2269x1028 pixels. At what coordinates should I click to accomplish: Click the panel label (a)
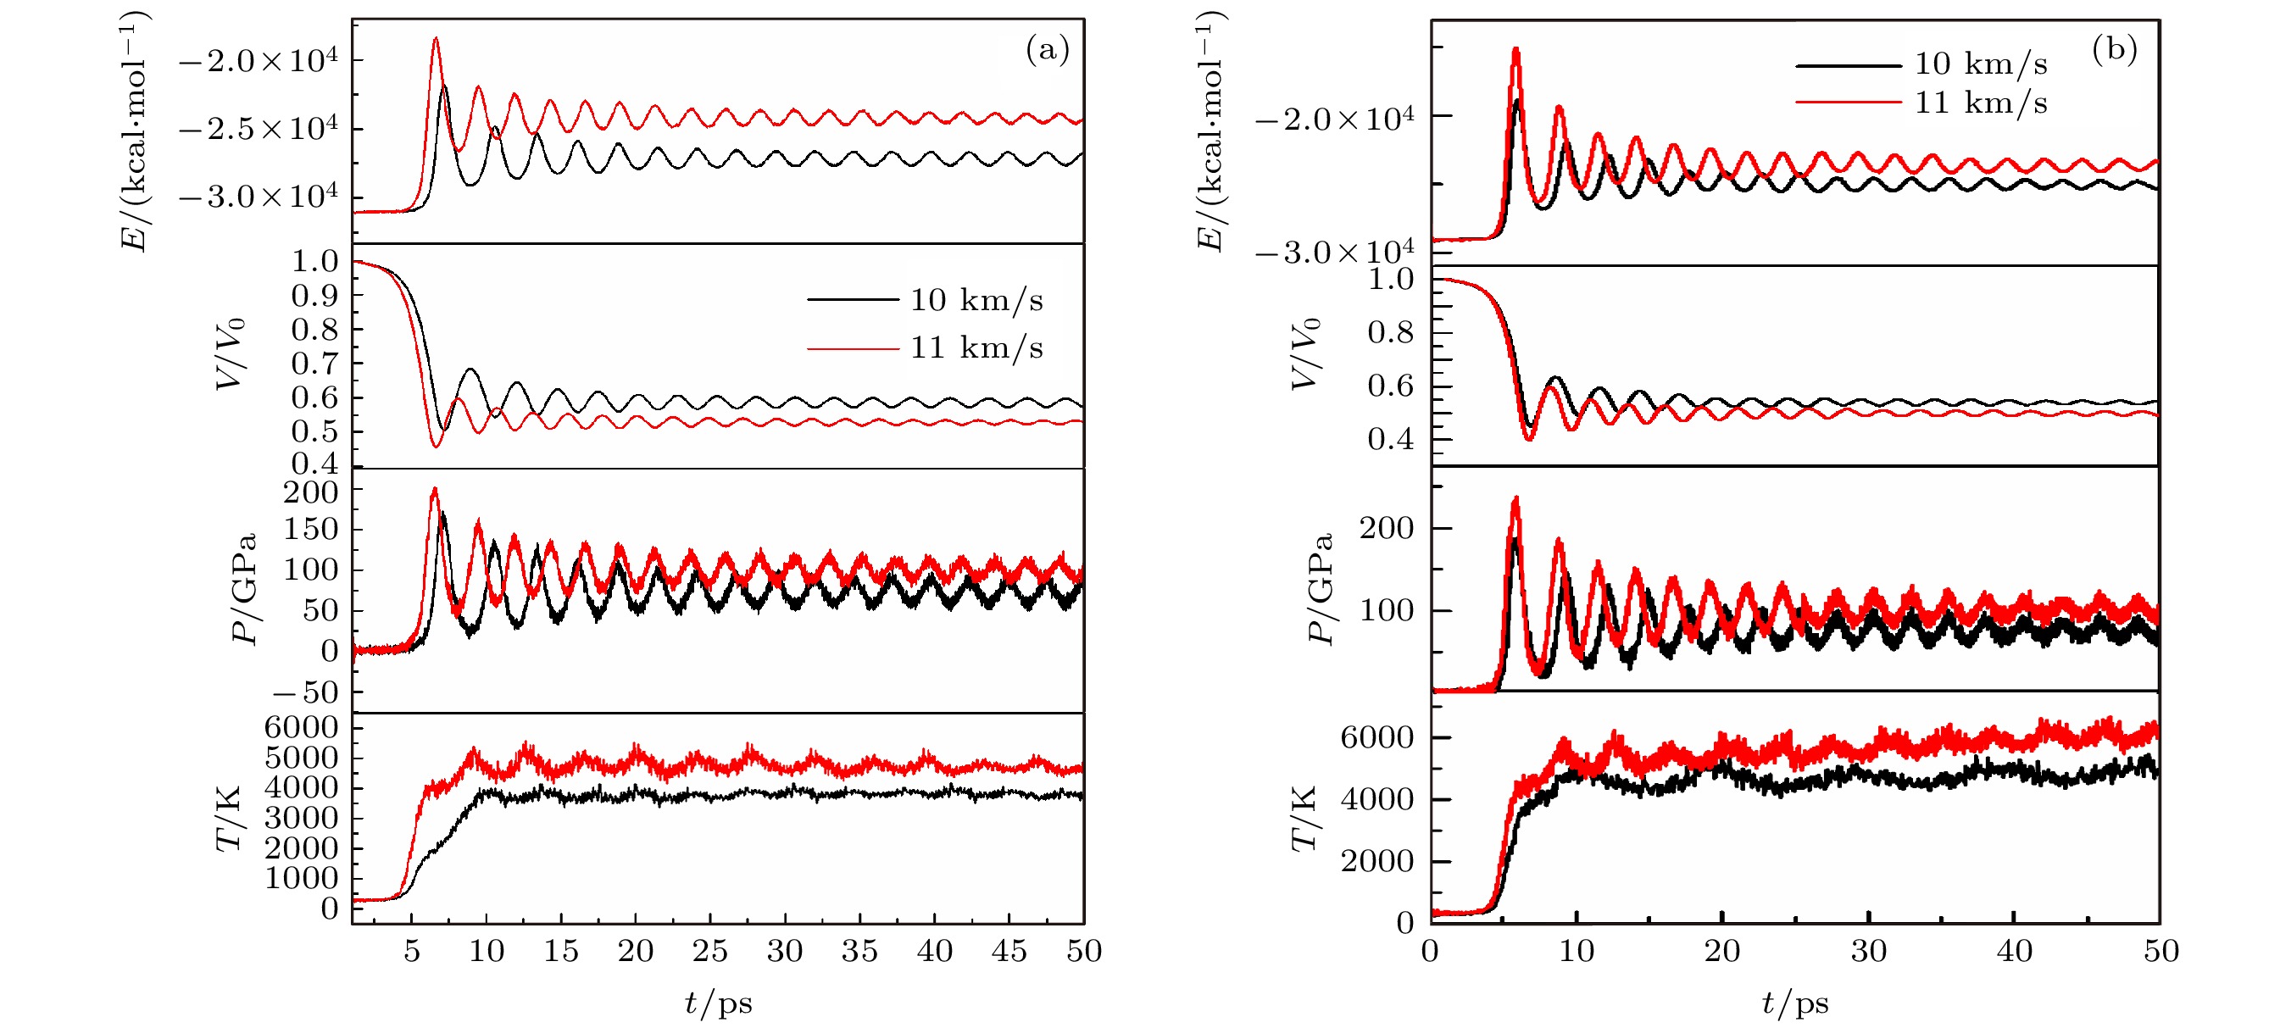[x=1047, y=49]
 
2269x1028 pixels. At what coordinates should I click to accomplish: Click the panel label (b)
[x=2114, y=49]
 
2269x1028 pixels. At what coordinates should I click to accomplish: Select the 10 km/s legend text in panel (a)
[x=976, y=300]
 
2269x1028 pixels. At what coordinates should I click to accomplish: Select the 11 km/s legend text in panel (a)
[x=976, y=348]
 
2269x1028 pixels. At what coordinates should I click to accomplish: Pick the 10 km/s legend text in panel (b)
[x=1980, y=64]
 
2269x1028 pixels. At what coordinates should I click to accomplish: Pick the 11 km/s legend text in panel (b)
[x=1980, y=103]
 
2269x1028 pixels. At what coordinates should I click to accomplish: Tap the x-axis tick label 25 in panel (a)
[x=710, y=952]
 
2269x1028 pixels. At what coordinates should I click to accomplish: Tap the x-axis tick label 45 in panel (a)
[x=1009, y=952]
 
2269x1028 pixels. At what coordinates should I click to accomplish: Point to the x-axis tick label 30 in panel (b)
[x=1868, y=952]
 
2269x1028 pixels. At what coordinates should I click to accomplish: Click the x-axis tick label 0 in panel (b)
[x=1431, y=952]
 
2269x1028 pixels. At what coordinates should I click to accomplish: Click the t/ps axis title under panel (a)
[x=718, y=1003]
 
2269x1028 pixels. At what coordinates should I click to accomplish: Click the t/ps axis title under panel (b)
[x=1795, y=1003]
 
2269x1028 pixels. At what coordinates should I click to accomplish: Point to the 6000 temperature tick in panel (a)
[x=301, y=728]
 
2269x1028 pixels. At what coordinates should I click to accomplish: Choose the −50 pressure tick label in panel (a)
[x=305, y=693]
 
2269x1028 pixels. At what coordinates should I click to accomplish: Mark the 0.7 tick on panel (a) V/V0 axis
[x=314, y=364]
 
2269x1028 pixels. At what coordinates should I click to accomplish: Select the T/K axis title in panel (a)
[x=229, y=820]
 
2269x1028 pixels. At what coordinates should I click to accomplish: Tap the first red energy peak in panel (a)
[x=435, y=39]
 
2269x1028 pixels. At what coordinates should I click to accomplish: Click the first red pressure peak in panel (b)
[x=1515, y=498]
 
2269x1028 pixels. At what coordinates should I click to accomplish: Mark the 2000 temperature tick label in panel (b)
[x=1376, y=862]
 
